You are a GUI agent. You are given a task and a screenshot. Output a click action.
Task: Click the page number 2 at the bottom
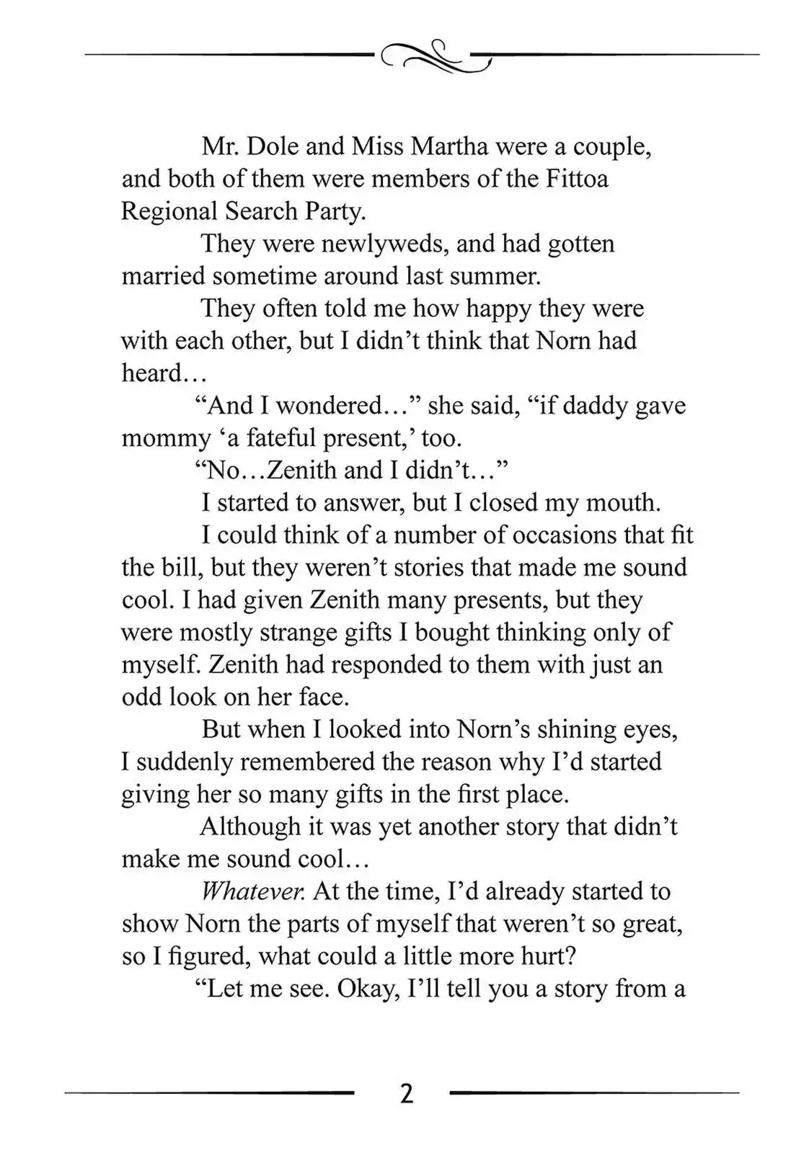click(406, 1094)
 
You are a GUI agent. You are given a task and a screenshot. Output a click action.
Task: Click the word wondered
click(329, 406)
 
